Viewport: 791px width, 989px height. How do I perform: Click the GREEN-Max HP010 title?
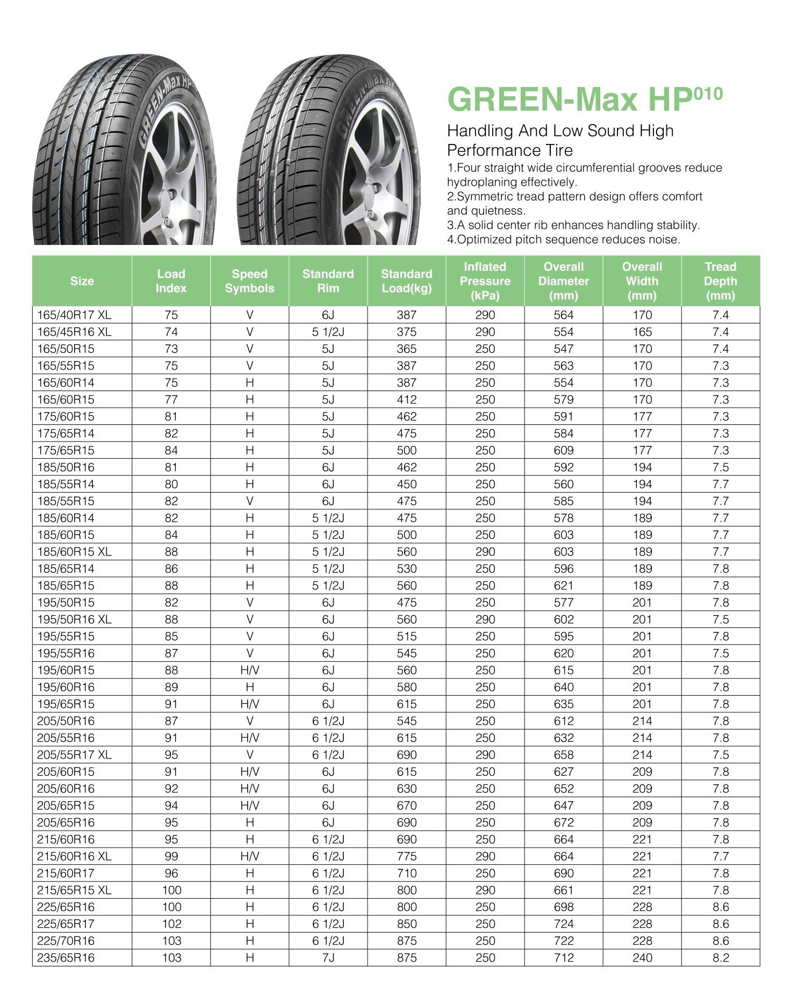pos(585,99)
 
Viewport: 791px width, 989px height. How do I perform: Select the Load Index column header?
pos(171,281)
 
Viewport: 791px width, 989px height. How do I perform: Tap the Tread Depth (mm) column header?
pos(720,281)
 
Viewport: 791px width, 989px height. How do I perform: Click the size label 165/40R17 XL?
pos(74,315)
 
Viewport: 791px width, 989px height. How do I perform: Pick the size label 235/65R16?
pos(66,957)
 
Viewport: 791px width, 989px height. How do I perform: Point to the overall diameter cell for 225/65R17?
pos(563,923)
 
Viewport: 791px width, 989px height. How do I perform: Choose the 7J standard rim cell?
pos(328,957)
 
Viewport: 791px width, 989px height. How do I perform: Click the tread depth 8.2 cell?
pos(720,957)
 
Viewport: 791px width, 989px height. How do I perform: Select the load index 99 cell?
pos(171,856)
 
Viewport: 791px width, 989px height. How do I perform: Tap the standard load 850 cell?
pos(406,923)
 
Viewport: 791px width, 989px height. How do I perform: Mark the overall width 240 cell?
pos(642,957)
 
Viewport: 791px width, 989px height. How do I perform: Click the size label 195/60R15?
pos(66,670)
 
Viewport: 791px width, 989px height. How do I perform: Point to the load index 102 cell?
pos(171,923)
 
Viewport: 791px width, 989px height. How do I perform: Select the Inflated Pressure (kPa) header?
pos(485,281)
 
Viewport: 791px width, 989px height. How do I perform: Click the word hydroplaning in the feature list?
pos(479,182)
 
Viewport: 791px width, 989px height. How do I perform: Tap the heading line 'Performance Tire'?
pos(509,150)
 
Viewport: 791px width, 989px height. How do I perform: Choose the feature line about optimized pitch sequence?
pos(563,240)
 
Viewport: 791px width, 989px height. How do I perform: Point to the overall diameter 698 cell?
pos(563,907)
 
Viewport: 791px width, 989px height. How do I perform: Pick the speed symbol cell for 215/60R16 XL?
pos(249,856)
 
